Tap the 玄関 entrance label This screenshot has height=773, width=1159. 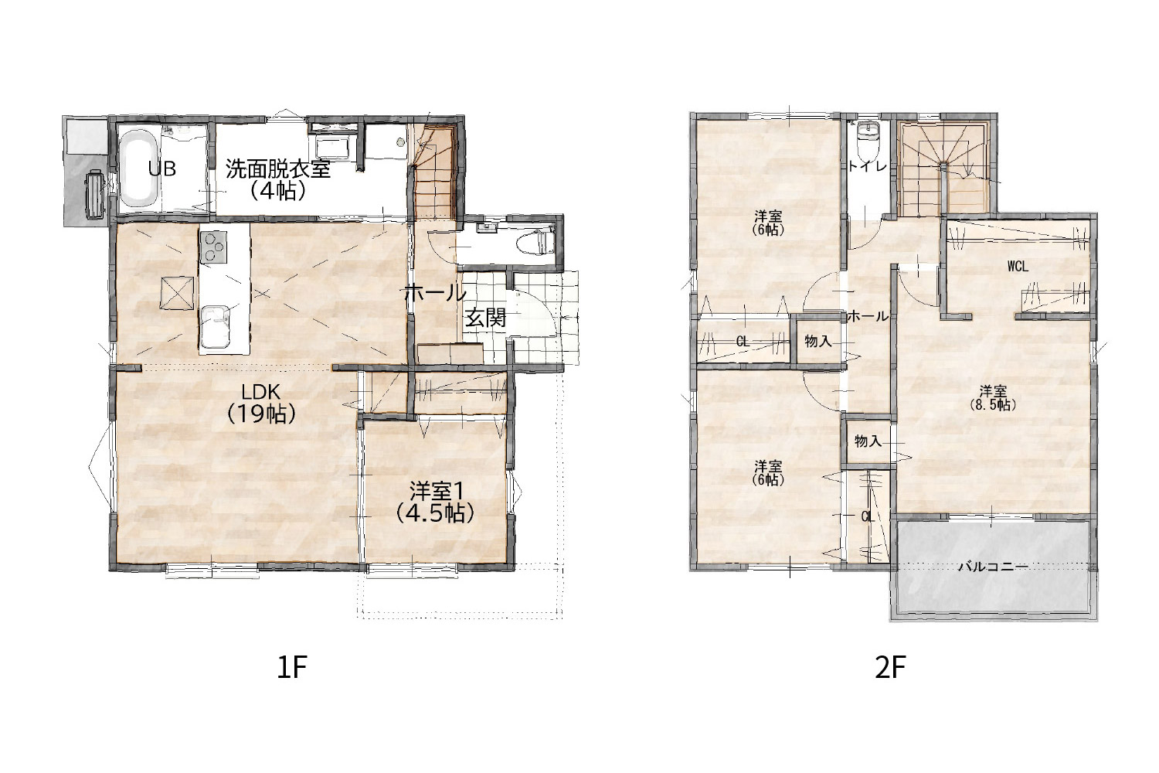[x=485, y=318]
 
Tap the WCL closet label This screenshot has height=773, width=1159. [x=1018, y=266]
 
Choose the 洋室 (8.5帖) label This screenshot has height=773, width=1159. [x=992, y=397]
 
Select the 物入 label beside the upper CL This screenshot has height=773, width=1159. [x=818, y=341]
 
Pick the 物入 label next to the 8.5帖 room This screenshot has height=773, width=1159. [x=868, y=441]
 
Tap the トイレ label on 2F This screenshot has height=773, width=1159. [x=867, y=166]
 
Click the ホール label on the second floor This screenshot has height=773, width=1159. [x=868, y=316]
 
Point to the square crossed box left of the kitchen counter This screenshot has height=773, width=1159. [x=178, y=293]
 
